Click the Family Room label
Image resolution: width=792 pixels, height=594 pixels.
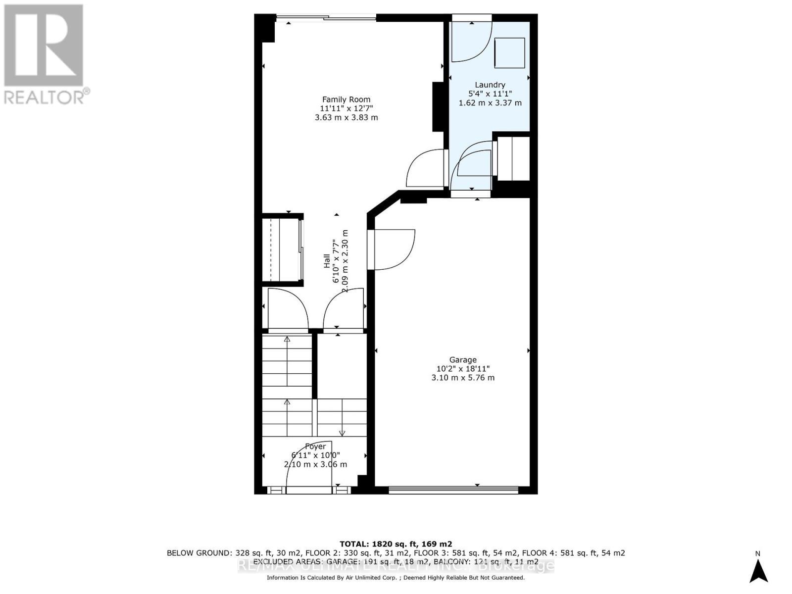(346, 99)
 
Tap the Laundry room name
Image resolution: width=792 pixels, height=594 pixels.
(490, 85)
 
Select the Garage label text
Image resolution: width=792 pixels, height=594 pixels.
(463, 360)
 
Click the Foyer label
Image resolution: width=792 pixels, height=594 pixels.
(315, 446)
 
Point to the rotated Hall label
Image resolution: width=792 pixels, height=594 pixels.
(327, 261)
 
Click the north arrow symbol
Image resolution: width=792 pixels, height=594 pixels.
(758, 570)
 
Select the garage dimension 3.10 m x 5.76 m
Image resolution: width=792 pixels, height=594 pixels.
(463, 378)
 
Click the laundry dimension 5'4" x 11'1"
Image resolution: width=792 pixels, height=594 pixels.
(490, 94)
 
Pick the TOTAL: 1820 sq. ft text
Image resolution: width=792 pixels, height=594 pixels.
(396, 544)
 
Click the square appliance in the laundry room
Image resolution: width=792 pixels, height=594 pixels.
(509, 53)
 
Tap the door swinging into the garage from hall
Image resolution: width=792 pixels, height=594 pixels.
(394, 250)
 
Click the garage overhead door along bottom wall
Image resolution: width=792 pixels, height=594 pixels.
(453, 490)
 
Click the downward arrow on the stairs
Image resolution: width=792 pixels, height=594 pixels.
(342, 432)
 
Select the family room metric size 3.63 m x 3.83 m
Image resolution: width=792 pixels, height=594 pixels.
(346, 118)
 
